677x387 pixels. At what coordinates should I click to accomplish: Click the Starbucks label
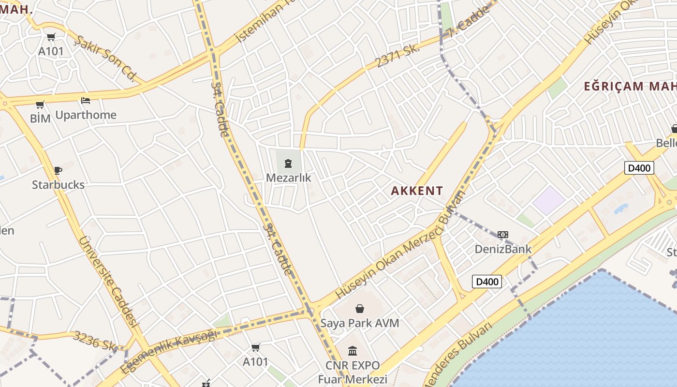tap(58, 185)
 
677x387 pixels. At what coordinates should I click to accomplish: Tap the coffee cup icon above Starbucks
tap(58, 170)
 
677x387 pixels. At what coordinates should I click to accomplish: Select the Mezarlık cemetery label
tap(289, 178)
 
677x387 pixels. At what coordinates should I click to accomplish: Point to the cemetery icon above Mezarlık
tap(288, 164)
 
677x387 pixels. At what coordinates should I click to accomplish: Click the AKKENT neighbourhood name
tap(417, 191)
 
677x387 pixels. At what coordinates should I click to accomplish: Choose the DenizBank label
tap(503, 249)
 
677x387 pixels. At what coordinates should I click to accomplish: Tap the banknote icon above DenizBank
tap(503, 235)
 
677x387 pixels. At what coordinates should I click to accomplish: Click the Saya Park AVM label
tap(360, 323)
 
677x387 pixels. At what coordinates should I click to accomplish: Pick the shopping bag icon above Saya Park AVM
tap(360, 309)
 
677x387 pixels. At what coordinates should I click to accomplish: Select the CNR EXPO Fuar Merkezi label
tap(353, 372)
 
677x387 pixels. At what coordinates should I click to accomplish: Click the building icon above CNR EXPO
tap(353, 351)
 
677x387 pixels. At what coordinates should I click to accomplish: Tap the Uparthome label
tap(86, 115)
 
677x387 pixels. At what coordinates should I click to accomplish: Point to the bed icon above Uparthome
tap(86, 101)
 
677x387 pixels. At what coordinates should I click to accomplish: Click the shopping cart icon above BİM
tap(40, 104)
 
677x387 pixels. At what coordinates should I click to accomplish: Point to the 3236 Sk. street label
tap(95, 341)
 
